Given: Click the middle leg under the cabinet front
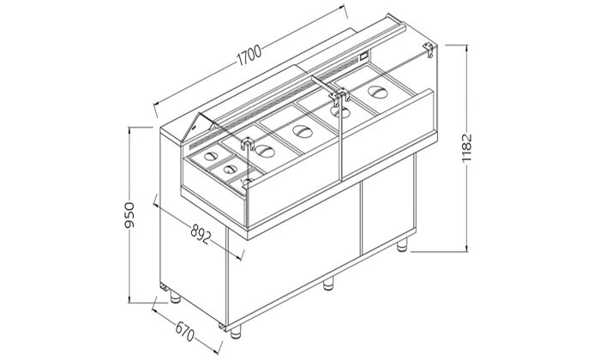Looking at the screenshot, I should click(328, 284).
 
